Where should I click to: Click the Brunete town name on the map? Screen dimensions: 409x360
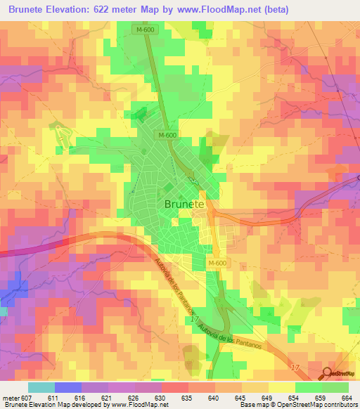click(x=184, y=204)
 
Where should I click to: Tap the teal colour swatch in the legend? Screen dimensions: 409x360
click(x=41, y=387)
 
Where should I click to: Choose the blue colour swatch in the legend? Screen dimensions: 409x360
click(x=67, y=387)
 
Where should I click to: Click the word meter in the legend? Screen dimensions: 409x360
click(x=11, y=398)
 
